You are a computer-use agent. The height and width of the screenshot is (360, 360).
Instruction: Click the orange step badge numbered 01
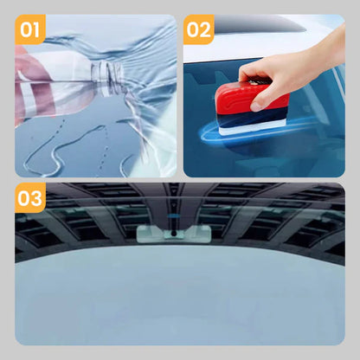pos(30,29)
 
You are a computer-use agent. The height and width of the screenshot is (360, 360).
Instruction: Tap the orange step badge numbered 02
pos(198,29)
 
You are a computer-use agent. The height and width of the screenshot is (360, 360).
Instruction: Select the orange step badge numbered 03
pos(30,198)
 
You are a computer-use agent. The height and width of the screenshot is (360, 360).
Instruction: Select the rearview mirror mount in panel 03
pos(174,233)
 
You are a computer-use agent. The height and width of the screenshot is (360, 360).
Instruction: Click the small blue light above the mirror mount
pos(173,215)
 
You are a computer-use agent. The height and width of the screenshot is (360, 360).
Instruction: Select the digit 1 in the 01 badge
pos(36,29)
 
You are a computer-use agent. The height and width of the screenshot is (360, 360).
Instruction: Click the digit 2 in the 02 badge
pos(205,29)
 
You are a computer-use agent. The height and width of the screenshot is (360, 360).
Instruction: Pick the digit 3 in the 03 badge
pos(36,198)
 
